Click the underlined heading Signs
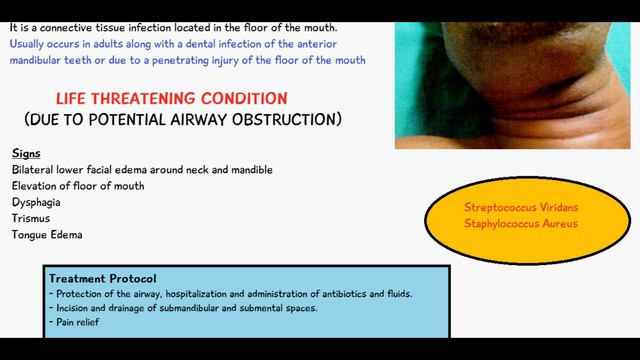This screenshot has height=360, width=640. pyautogui.click(x=26, y=153)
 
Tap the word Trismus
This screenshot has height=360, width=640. pyautogui.click(x=31, y=217)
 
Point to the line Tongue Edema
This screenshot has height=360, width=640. pyautogui.click(x=47, y=234)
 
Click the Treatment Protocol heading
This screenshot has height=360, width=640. pyautogui.click(x=101, y=278)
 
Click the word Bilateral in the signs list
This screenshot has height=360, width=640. pyautogui.click(x=36, y=169)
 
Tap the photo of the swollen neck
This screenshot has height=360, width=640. pyautogui.click(x=515, y=75)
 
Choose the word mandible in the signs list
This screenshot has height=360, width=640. pyautogui.click(x=249, y=169)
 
